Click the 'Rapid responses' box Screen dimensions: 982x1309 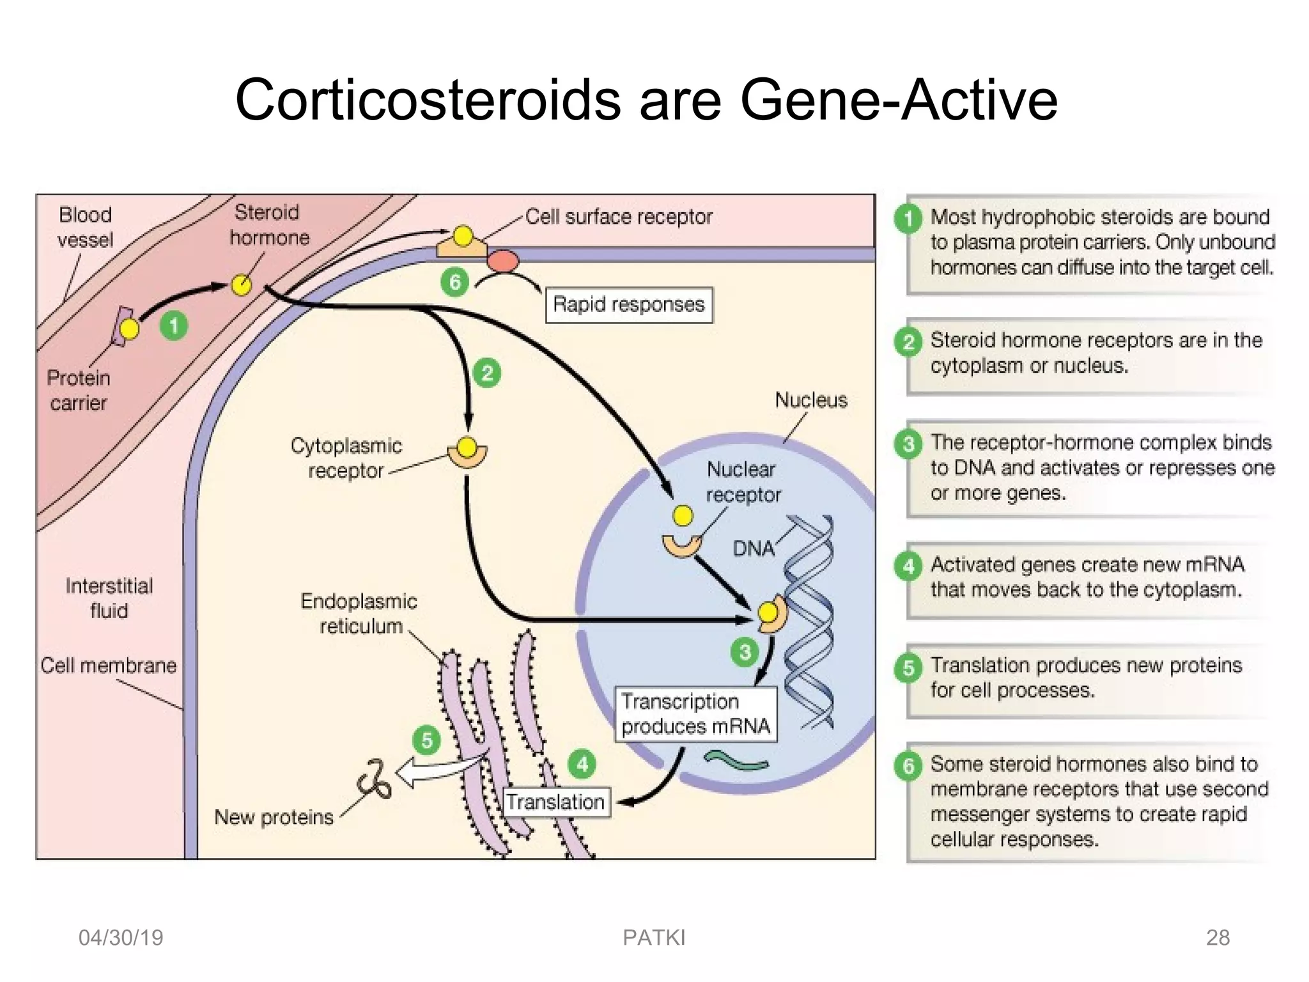[x=628, y=304]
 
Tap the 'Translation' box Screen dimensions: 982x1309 [x=555, y=802]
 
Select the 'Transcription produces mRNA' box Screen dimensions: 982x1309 [x=695, y=714]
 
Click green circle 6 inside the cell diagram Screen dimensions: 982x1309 [x=455, y=282]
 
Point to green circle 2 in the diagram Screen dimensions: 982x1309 [x=487, y=373]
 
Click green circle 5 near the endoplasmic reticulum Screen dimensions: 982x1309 [x=427, y=740]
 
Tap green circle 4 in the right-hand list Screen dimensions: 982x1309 [x=908, y=566]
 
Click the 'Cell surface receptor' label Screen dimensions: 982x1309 [x=619, y=217]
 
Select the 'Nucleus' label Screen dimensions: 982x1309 [x=810, y=400]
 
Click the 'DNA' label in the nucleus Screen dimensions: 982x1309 [x=753, y=549]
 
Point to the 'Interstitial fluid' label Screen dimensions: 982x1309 [x=109, y=598]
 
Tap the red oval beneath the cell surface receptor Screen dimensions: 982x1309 [x=503, y=261]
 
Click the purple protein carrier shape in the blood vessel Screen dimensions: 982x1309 [x=119, y=326]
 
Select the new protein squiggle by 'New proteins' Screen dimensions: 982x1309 [x=375, y=779]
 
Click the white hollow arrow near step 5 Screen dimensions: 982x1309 [x=435, y=770]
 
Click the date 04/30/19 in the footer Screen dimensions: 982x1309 [x=120, y=937]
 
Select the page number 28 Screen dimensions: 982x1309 [x=1217, y=937]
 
